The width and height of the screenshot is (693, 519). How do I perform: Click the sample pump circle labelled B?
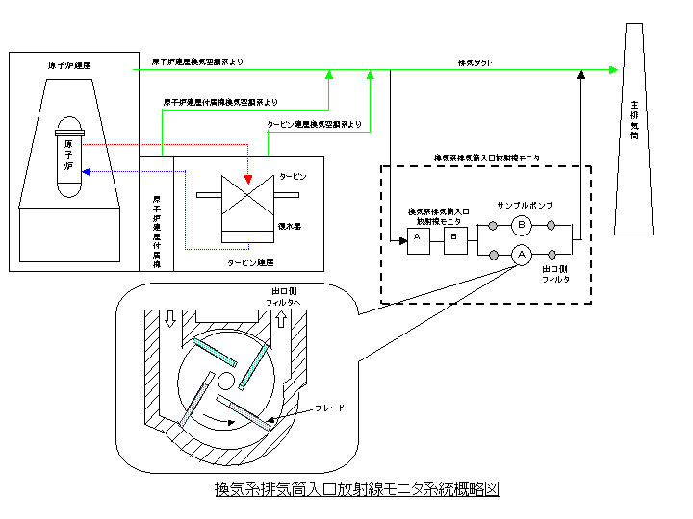point(521,226)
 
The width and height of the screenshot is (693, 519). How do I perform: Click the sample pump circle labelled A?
point(521,255)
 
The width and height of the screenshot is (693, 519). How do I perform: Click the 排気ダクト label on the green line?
point(475,63)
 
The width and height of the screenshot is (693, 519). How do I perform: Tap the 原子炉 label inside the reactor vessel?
point(68,155)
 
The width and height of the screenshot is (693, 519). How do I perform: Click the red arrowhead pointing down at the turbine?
point(248,180)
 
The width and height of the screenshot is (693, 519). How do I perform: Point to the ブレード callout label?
point(329,408)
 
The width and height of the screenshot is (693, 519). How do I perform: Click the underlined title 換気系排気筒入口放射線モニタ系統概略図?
point(357,488)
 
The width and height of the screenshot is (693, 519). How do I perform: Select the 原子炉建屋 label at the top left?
point(69,66)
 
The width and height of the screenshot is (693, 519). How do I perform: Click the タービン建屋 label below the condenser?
point(250,260)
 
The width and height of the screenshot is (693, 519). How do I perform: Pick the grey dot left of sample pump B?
point(493,226)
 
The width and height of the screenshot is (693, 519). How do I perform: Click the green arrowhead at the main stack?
point(613,69)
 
